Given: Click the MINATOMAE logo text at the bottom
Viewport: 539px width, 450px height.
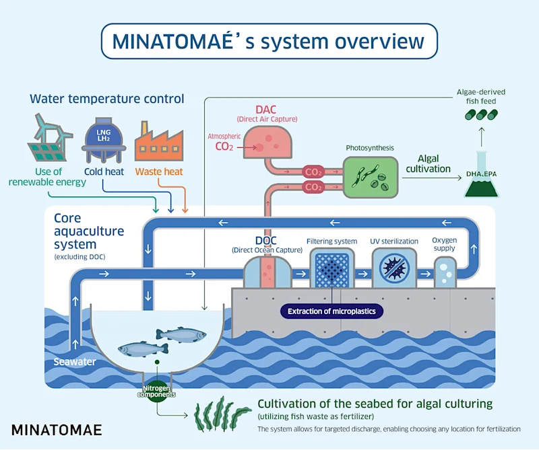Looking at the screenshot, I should (57, 429).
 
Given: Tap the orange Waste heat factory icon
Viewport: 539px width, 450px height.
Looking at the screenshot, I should (160, 141).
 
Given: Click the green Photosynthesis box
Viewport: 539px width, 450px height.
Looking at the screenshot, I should (370, 177).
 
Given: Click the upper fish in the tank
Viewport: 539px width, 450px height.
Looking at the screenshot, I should (181, 334).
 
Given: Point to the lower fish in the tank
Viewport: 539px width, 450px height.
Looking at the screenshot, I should (143, 349).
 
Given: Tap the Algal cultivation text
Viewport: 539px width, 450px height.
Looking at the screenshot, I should (429, 163).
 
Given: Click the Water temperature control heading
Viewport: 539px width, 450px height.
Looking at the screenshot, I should (106, 99).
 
